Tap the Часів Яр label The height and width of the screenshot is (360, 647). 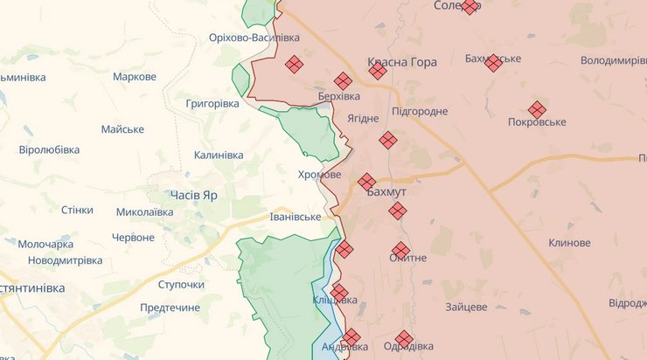pyautogui.click(x=194, y=196)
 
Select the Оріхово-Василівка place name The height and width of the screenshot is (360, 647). pyautogui.click(x=254, y=38)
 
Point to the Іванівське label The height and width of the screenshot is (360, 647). pyautogui.click(x=296, y=217)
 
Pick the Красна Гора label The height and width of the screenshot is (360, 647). pyautogui.click(x=402, y=64)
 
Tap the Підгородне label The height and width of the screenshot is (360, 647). pyautogui.click(x=420, y=111)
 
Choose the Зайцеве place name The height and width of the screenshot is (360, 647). pyautogui.click(x=465, y=307)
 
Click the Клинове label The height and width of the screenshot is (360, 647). pyautogui.click(x=569, y=243)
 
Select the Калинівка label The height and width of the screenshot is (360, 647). pyautogui.click(x=219, y=156)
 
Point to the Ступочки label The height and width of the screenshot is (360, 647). pyautogui.click(x=181, y=285)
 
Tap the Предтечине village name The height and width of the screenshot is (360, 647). pyautogui.click(x=170, y=308)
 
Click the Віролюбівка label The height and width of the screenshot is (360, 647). pyautogui.click(x=49, y=149)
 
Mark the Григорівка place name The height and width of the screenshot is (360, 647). pyautogui.click(x=212, y=103)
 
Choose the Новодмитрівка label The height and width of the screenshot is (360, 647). pyautogui.click(x=65, y=260)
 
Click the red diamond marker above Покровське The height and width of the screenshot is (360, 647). pyautogui.click(x=537, y=110)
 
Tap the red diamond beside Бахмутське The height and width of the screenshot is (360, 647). pyautogui.click(x=493, y=63)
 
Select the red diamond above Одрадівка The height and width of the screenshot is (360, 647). pyautogui.click(x=403, y=338)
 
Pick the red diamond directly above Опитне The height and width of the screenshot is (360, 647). pyautogui.click(x=400, y=250)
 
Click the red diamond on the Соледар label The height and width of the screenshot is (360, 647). pyautogui.click(x=470, y=7)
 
